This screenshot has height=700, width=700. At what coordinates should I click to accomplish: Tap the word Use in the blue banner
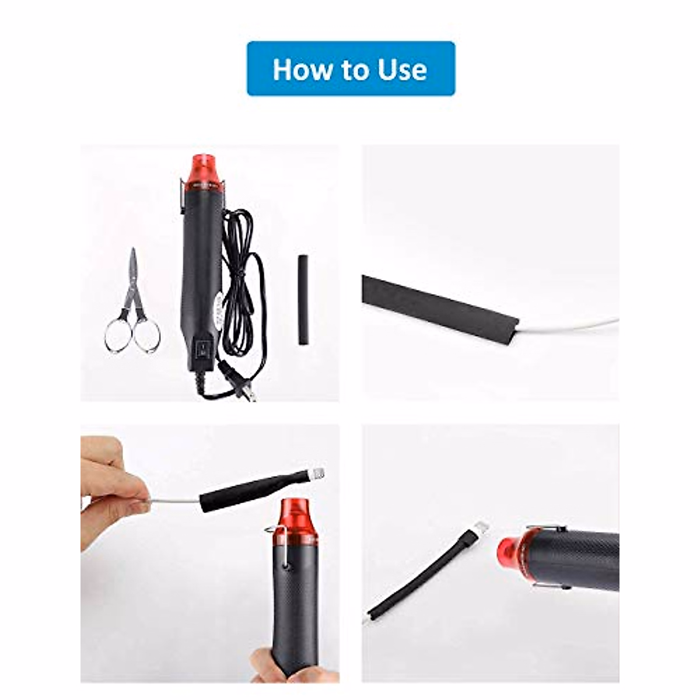[x=402, y=69]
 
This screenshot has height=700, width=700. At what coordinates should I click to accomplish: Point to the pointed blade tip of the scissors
[x=134, y=252]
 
